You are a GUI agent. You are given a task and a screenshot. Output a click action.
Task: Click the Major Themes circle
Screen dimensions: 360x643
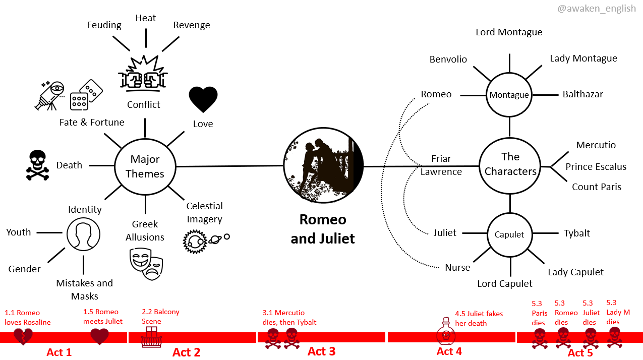[x=145, y=166]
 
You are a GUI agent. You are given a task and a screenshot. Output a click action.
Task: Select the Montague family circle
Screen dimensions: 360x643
[x=509, y=95]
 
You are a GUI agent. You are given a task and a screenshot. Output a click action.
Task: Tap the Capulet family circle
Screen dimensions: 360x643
[x=509, y=234]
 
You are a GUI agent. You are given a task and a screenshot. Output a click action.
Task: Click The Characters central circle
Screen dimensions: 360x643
[x=510, y=164]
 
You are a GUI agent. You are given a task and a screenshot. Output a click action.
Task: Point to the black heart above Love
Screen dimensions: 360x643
[x=203, y=99]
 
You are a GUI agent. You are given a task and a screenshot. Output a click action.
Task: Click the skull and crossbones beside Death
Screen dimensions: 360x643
[x=38, y=165]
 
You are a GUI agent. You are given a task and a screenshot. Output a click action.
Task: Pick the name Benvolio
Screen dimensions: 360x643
[x=448, y=59]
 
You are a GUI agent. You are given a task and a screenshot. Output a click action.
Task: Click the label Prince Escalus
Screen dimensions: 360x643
[x=596, y=166]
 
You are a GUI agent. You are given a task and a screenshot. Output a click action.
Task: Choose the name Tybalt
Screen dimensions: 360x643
[x=577, y=233]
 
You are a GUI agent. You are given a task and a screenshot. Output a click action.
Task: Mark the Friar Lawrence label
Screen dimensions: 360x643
[x=441, y=165]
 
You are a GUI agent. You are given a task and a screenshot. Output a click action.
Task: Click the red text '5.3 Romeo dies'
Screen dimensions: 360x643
[x=566, y=313]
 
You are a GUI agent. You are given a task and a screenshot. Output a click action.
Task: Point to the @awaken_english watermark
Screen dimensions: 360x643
[x=597, y=9]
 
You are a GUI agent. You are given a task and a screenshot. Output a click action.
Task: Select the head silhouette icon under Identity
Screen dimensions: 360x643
[x=83, y=234]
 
